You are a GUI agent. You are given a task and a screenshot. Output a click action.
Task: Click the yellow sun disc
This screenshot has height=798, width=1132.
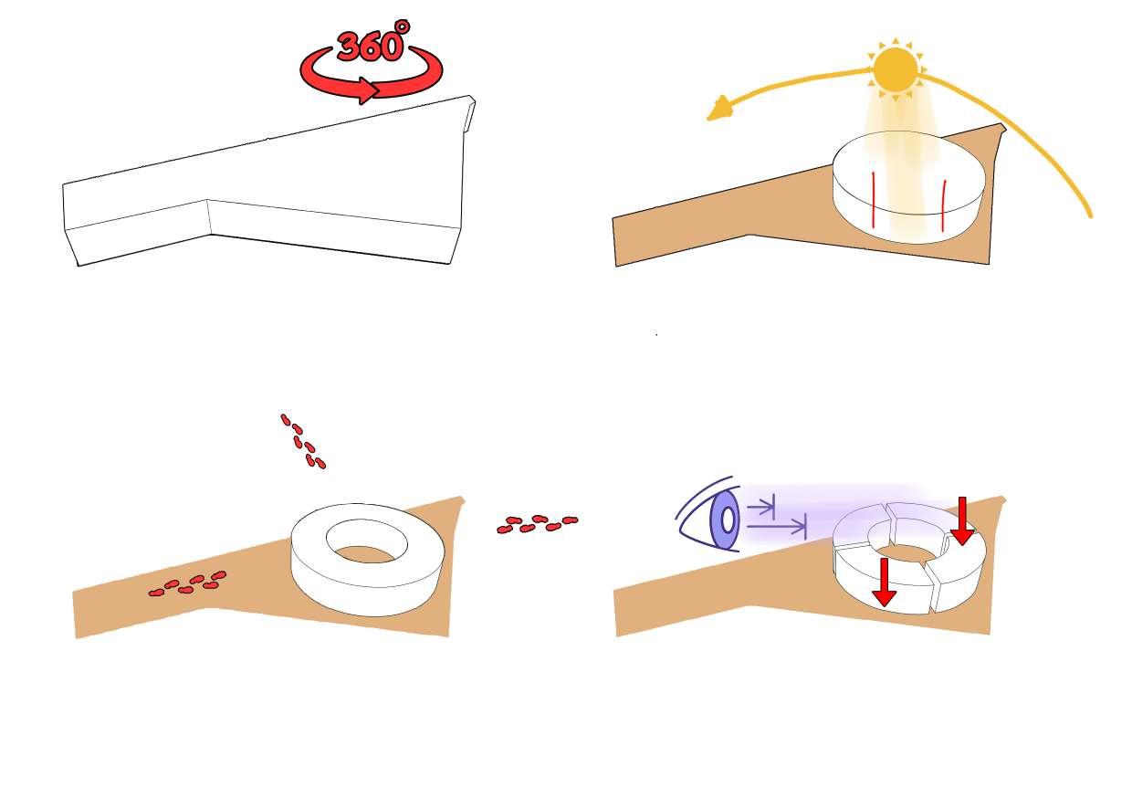pyautogui.click(x=894, y=70)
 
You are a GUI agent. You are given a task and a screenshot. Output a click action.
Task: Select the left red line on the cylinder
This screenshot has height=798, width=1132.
pyautogui.click(x=874, y=200)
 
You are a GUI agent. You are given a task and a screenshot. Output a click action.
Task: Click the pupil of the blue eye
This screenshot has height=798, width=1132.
pyautogui.click(x=728, y=520)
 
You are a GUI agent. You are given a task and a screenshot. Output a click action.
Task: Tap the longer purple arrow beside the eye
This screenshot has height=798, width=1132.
pyautogui.click(x=777, y=526)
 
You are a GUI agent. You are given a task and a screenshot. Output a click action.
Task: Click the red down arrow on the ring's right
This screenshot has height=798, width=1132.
pyautogui.click(x=961, y=522)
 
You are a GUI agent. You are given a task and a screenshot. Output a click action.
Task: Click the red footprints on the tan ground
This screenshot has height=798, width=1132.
pyautogui.click(x=188, y=583)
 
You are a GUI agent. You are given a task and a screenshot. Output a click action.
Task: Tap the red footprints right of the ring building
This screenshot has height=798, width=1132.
pyautogui.click(x=537, y=524)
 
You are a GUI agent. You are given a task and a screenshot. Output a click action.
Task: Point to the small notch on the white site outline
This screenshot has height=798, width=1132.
pyautogui.click(x=470, y=117)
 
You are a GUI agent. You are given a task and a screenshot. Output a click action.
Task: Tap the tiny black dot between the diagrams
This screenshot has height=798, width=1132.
pyautogui.click(x=656, y=335)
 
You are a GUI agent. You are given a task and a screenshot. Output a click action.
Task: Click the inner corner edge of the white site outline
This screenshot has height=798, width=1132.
pyautogui.click(x=210, y=217)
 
